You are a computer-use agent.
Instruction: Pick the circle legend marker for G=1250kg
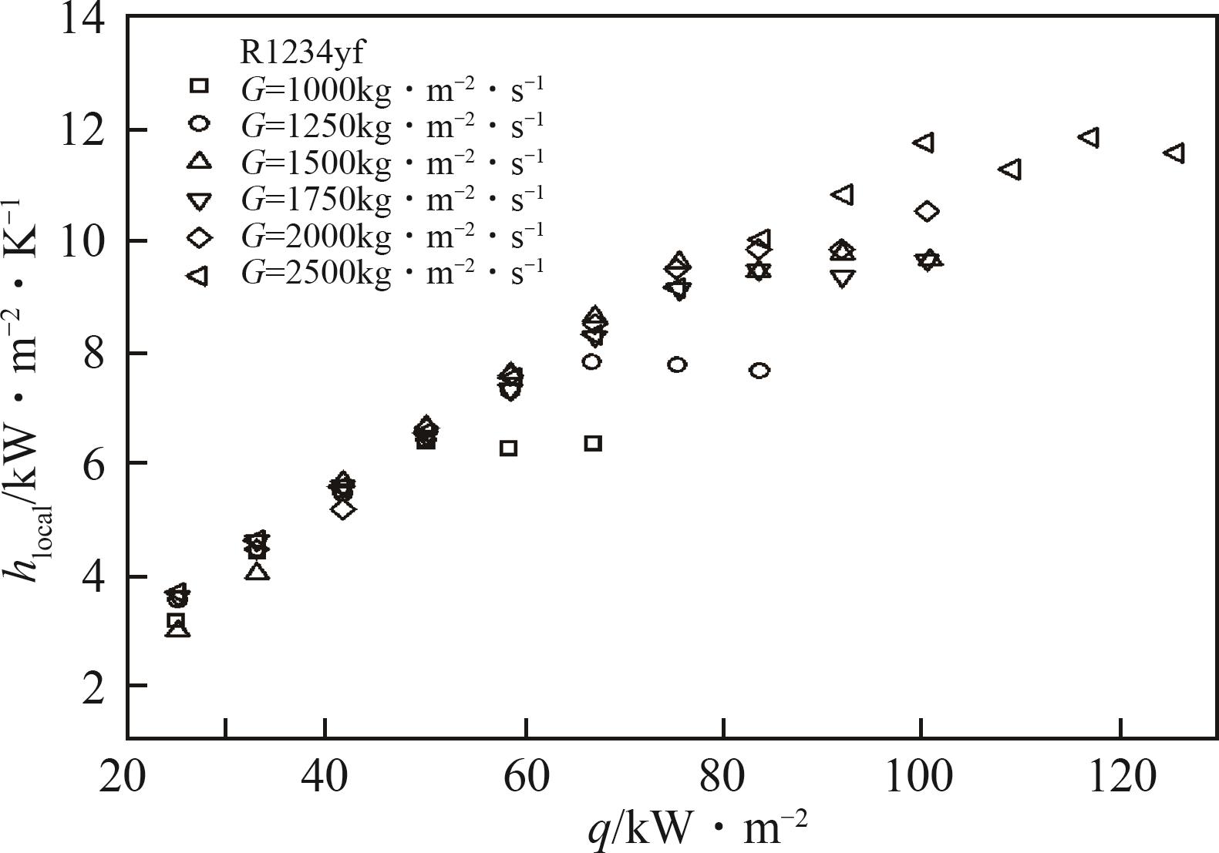tap(199, 125)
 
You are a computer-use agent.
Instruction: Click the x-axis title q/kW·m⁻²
tap(698, 831)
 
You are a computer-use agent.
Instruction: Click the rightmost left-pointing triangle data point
tap(1174, 153)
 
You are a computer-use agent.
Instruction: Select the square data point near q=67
tap(592, 443)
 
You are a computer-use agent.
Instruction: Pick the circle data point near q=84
tap(759, 371)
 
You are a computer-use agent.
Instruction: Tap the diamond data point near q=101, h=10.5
tap(927, 211)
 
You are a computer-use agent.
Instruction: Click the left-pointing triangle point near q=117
tap(1089, 138)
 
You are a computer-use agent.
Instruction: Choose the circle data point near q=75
tap(677, 364)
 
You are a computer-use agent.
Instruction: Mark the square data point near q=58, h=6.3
tap(508, 448)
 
